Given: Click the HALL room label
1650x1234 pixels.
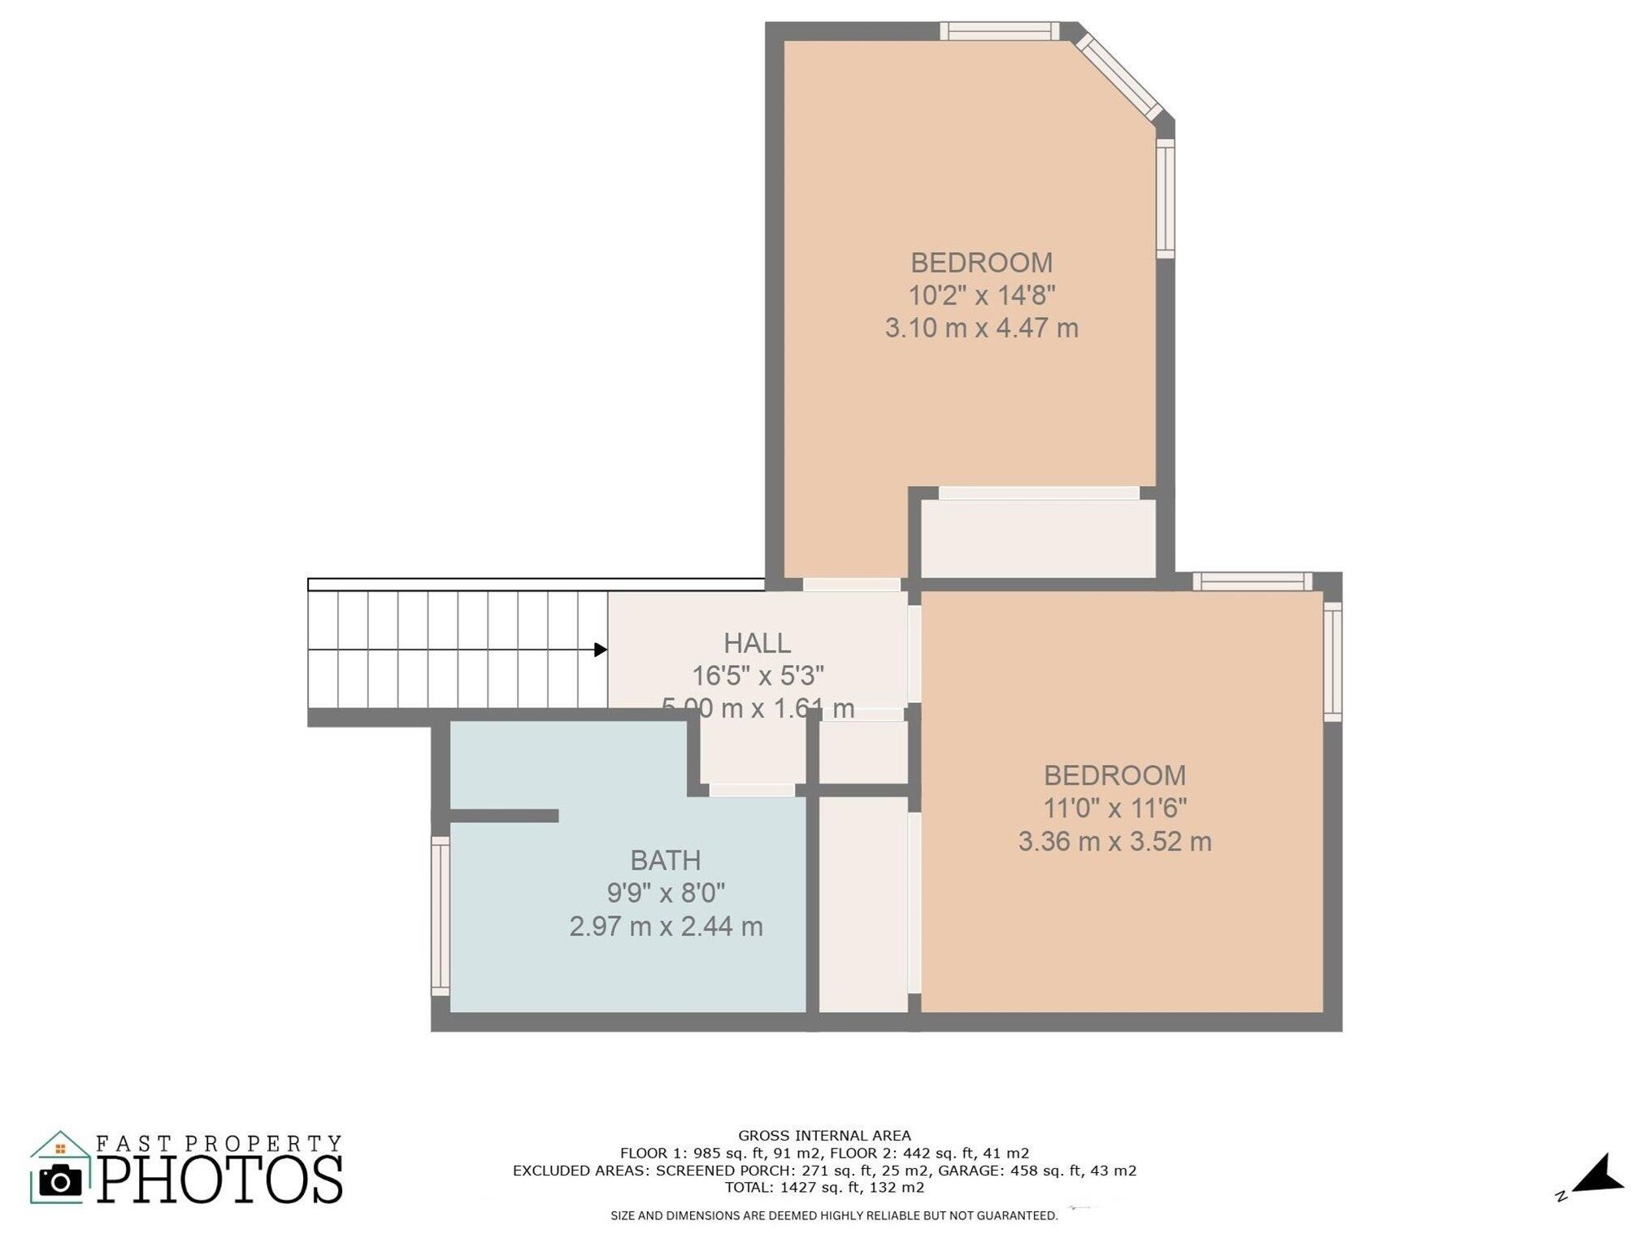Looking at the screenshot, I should click(x=757, y=643).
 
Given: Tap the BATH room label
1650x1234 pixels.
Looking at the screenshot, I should click(x=665, y=860).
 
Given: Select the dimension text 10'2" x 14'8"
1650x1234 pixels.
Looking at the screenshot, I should click(x=981, y=295).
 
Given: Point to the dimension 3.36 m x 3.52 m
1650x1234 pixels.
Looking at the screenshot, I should click(x=1114, y=841).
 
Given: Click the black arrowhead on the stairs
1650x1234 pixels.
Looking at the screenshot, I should click(x=601, y=650).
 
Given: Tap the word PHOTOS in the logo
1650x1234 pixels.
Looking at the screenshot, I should click(x=220, y=1180).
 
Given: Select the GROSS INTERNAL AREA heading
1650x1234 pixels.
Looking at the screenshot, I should click(x=824, y=1136).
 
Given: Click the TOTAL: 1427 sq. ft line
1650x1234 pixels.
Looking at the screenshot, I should click(x=824, y=1187).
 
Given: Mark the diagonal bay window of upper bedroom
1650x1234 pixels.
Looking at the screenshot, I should click(x=1119, y=77).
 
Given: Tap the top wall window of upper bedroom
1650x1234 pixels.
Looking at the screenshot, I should click(x=999, y=31).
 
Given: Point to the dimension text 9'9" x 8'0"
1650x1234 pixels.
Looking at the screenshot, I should click(x=665, y=893).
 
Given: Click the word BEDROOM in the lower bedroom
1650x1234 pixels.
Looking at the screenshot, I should click(x=1114, y=776).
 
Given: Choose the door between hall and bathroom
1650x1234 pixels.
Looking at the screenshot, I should click(x=752, y=790).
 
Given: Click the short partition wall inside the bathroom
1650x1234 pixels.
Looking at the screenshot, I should click(x=504, y=815).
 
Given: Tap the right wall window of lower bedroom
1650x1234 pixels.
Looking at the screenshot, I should click(x=1332, y=661).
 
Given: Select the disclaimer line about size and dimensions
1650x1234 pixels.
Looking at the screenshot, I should click(x=834, y=1215).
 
